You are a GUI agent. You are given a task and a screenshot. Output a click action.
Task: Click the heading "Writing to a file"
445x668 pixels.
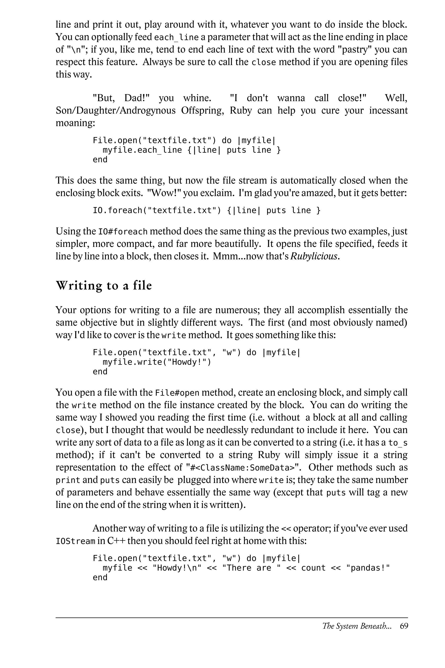click(x=104, y=286)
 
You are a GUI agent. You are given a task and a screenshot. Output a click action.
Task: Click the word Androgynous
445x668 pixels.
click(x=148, y=110)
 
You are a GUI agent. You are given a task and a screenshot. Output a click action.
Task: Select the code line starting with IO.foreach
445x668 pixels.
click(x=207, y=210)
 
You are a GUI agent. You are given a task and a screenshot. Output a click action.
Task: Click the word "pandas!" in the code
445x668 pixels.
click(x=368, y=568)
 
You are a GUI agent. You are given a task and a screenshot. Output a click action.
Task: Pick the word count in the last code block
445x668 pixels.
click(x=313, y=568)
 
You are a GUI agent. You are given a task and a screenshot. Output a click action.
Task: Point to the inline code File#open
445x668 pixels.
click(x=177, y=393)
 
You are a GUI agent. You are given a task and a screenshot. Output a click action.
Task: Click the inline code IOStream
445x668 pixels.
click(x=75, y=541)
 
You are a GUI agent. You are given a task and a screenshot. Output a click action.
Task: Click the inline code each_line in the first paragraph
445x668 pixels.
click(x=176, y=37)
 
